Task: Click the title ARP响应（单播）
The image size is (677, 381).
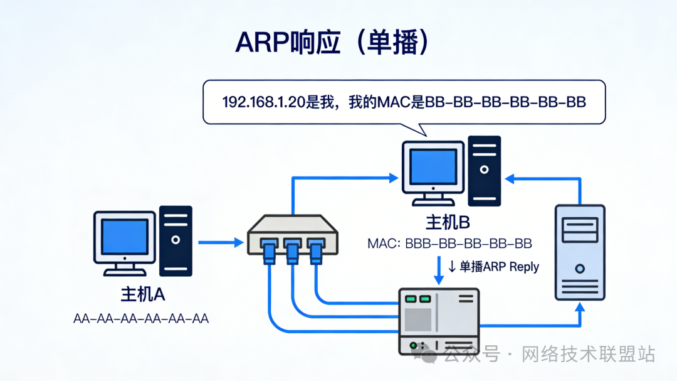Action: (332, 42)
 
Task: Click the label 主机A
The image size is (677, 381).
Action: (143, 294)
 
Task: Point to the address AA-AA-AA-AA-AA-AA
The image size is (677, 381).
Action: (141, 319)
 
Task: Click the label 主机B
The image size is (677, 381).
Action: (448, 223)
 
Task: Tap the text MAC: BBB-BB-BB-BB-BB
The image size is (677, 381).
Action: (449, 243)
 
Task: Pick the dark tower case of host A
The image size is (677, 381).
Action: (176, 240)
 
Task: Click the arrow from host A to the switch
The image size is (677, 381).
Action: (221, 242)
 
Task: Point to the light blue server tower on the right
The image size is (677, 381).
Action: (580, 252)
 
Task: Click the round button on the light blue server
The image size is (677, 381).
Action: (580, 268)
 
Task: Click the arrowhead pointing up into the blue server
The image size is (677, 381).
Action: (580, 307)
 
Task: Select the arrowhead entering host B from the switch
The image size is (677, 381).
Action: (394, 178)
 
